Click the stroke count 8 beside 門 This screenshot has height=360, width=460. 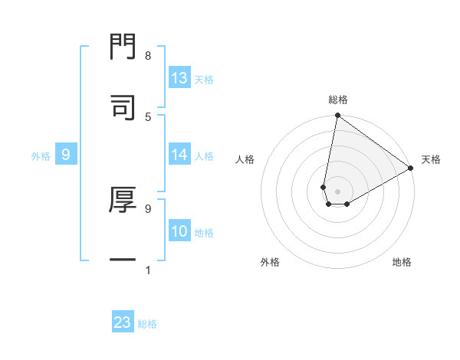pos(147,56)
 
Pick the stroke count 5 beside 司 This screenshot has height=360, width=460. pos(147,116)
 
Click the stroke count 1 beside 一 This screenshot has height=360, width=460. pos(147,270)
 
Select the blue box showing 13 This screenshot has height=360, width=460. pos(179,78)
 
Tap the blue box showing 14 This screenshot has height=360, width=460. pos(179,155)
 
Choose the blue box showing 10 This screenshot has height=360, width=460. pos(179,231)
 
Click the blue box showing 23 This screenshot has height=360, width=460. pos(123,322)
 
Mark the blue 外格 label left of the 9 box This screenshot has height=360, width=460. pos(41,155)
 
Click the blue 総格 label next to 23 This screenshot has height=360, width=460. pos(147,324)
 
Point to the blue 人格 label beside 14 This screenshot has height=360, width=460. pos(204,156)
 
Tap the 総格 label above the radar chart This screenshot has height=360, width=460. pos(338,100)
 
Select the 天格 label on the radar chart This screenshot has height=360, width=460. pos(431,159)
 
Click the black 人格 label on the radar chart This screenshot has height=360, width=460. pos(245,159)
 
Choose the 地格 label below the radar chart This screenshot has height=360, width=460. pos(402,262)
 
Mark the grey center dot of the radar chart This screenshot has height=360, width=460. pos(338,191)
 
